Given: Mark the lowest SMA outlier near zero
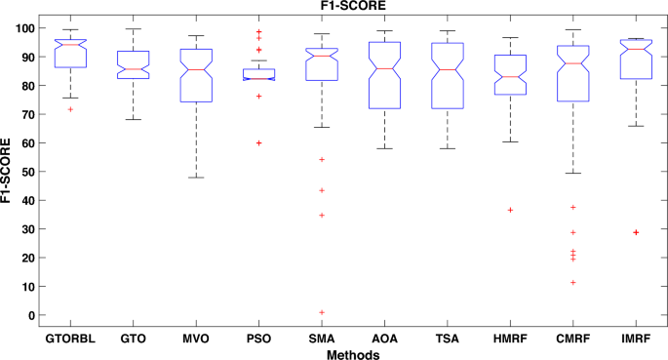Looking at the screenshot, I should (x=323, y=312).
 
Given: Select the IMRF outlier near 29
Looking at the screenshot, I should (x=636, y=232).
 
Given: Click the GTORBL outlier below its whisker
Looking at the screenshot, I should (x=70, y=109).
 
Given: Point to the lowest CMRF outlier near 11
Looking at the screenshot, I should (x=573, y=283).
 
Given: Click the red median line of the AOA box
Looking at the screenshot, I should (x=385, y=68).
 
